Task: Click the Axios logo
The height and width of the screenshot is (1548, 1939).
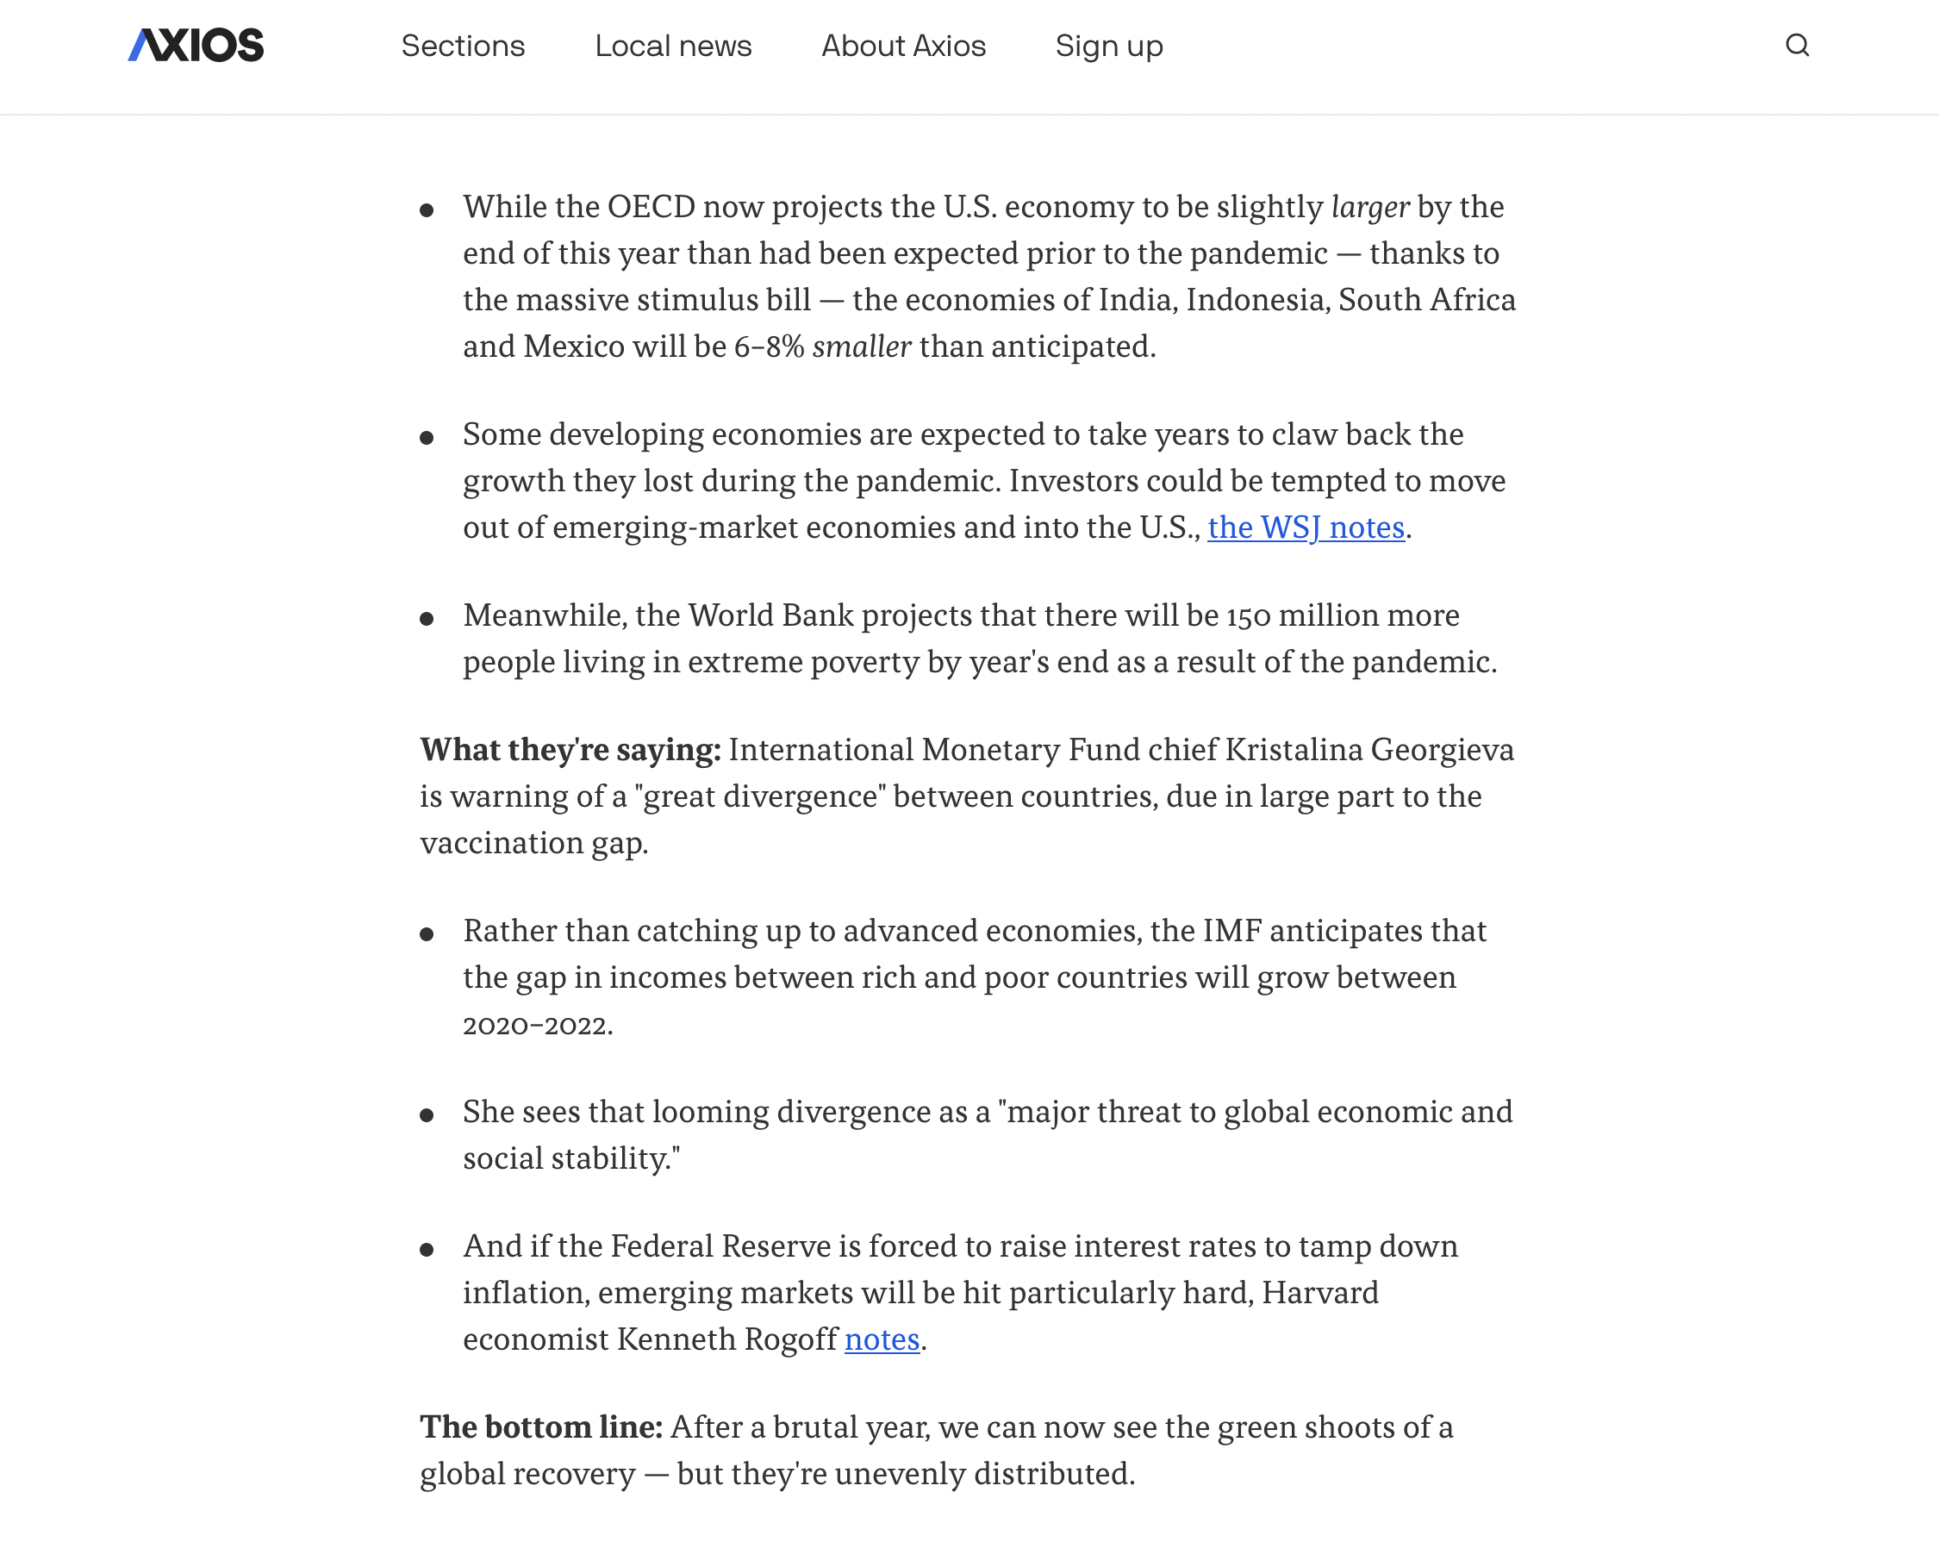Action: click(x=196, y=46)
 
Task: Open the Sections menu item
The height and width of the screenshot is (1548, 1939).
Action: click(x=462, y=46)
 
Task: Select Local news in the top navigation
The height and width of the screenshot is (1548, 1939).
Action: click(x=673, y=46)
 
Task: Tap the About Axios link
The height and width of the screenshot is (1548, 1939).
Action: click(x=903, y=46)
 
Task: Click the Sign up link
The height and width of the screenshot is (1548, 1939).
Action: click(x=1108, y=46)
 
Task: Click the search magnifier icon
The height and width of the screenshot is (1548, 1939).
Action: click(x=1796, y=46)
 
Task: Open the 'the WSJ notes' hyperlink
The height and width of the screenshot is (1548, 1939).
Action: click(x=1305, y=528)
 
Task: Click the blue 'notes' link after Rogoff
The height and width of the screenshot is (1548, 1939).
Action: click(x=882, y=1339)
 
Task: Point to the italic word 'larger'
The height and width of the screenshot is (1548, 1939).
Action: click(x=1369, y=207)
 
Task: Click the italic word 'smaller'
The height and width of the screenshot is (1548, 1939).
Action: click(x=862, y=346)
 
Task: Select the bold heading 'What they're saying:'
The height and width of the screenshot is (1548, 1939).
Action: click(x=570, y=750)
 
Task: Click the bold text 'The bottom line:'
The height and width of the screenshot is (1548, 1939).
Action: click(x=541, y=1427)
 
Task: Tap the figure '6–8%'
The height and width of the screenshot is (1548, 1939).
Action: click(x=769, y=346)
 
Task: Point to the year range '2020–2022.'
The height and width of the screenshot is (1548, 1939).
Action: click(x=538, y=1025)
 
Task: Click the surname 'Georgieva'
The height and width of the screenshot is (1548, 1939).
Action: click(x=1442, y=750)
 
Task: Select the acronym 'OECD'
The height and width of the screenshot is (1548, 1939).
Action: click(x=652, y=207)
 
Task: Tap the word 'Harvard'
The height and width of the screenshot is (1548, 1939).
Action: click(x=1319, y=1293)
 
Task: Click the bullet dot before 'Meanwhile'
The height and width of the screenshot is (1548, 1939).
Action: click(x=427, y=619)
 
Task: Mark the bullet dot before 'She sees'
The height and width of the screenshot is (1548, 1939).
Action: click(x=427, y=1115)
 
